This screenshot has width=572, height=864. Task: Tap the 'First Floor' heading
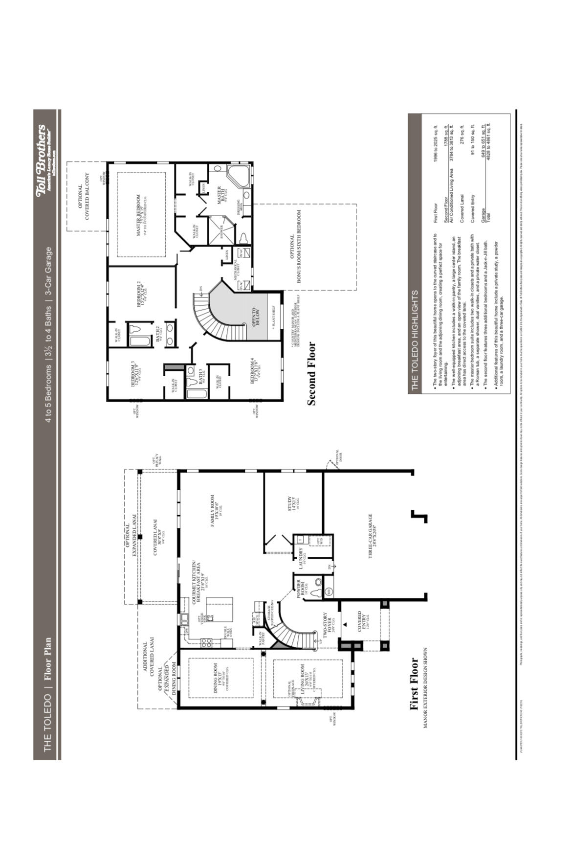pyautogui.click(x=414, y=683)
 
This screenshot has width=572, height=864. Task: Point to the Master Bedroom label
pyautogui.click(x=140, y=215)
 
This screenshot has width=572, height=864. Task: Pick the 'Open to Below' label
pyautogui.click(x=256, y=317)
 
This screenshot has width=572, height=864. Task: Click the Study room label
pyautogui.click(x=292, y=504)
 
